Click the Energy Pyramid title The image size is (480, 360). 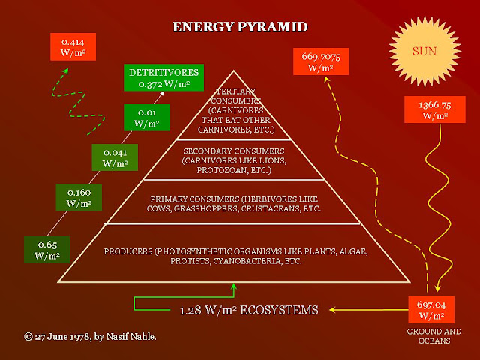pyautogui.click(x=240, y=27)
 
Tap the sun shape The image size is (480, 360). pyautogui.click(x=424, y=51)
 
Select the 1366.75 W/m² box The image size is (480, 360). pyautogui.click(x=435, y=109)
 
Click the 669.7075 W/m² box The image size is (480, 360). pyautogui.click(x=321, y=61)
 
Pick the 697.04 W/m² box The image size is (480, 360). pyautogui.click(x=431, y=309)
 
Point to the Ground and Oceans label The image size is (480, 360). pyautogui.click(x=434, y=336)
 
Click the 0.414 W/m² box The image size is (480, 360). pyautogui.click(x=73, y=46)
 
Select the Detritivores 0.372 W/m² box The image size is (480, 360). pyautogui.click(x=163, y=77)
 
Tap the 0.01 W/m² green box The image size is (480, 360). pyautogui.click(x=147, y=118)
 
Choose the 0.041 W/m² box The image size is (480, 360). pyautogui.click(x=115, y=157)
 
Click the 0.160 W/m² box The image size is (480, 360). pyautogui.click(x=79, y=197)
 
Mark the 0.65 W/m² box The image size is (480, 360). pyautogui.click(x=47, y=250)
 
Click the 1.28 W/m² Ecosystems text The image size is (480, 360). pyautogui.click(x=249, y=310)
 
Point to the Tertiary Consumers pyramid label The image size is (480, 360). pyautogui.click(x=235, y=110)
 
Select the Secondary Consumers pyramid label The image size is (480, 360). pyautogui.click(x=234, y=160)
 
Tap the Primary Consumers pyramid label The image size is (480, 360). pyautogui.click(x=234, y=204)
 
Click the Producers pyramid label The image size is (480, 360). pyautogui.click(x=235, y=256)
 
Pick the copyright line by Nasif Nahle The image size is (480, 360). pyautogui.click(x=90, y=337)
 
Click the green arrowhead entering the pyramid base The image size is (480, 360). pyautogui.click(x=234, y=286)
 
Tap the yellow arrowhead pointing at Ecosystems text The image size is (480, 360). pyautogui.click(x=332, y=310)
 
